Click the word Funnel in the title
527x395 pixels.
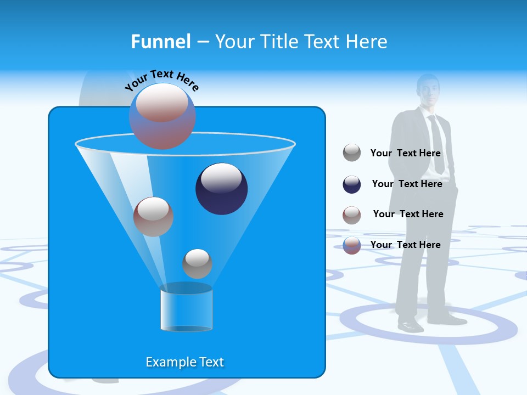[160, 42]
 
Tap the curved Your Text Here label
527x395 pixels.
[161, 80]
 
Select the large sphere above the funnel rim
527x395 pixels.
[162, 116]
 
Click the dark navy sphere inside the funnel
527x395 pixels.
[222, 189]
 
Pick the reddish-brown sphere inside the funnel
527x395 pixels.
[153, 217]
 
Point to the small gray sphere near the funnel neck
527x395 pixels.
[197, 264]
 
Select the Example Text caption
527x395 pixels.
[184, 362]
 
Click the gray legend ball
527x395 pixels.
[352, 153]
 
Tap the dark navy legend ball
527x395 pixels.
[352, 184]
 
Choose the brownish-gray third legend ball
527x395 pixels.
[352, 215]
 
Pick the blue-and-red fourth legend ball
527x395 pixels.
[352, 245]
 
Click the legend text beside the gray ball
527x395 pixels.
[405, 154]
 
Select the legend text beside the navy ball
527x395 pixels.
[407, 184]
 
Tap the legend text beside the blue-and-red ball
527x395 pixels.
[405, 245]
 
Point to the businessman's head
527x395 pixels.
[428, 91]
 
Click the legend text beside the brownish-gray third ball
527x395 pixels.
[408, 215]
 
